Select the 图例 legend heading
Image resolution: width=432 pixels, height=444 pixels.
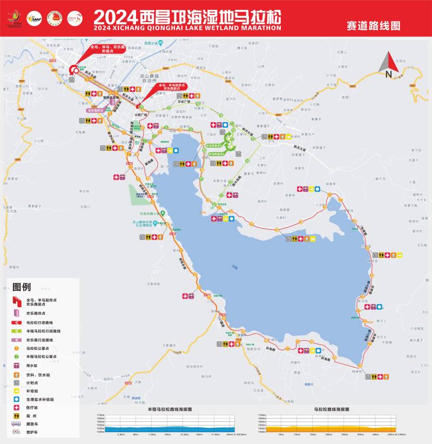coord(22,286)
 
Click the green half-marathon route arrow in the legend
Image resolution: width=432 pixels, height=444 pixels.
coord(16,330)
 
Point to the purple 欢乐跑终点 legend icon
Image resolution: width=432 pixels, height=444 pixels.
coord(16,313)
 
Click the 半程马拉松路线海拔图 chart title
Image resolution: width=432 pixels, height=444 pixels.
coord(170,409)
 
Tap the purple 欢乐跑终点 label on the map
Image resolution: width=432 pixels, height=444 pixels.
coord(95,110)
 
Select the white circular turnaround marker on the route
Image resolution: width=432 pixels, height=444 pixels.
coord(73,69)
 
